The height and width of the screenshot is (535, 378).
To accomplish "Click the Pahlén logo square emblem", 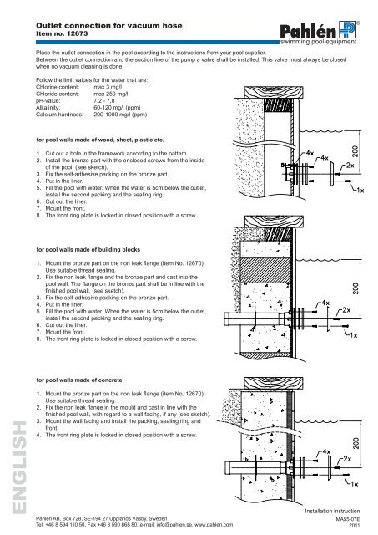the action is (347, 30).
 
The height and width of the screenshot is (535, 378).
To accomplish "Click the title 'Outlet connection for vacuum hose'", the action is (109, 26).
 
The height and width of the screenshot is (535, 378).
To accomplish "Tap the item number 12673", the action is (77, 33).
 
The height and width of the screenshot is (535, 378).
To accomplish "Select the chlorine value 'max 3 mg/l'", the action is (108, 87).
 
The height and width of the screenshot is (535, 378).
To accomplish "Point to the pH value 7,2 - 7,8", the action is (104, 100).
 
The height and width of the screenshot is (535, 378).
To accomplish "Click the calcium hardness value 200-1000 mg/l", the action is (120, 115).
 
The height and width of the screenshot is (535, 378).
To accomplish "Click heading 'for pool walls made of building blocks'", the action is (88, 249).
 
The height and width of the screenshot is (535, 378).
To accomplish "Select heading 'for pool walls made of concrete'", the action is (79, 380).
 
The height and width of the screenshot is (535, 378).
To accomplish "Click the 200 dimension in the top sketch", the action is (355, 151).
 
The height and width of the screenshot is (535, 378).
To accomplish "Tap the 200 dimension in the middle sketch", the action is (355, 288).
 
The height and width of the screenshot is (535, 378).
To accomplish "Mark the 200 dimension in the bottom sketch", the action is (355, 443).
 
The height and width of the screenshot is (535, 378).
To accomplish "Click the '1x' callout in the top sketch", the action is (360, 190).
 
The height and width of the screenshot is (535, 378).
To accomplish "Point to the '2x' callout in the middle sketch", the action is (346, 310).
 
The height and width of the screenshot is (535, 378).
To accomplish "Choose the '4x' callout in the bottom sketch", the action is (326, 451).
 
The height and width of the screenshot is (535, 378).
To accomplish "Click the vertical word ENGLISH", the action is (19, 467).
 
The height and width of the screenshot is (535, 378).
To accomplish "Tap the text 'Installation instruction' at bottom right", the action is (332, 511).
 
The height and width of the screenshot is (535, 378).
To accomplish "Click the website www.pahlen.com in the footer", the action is (214, 525).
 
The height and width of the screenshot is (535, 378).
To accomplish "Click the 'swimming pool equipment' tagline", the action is (318, 42).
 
